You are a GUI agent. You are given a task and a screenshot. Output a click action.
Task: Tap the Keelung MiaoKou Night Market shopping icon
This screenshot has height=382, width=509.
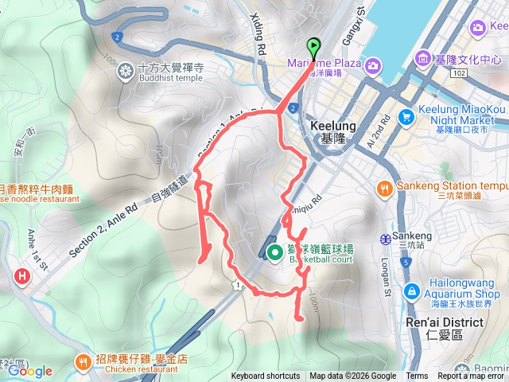[x=406, y=116]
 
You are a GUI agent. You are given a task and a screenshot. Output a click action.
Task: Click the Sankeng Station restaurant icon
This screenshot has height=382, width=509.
[x=384, y=188]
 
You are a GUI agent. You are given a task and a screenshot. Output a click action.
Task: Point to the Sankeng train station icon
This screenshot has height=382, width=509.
[x=385, y=237]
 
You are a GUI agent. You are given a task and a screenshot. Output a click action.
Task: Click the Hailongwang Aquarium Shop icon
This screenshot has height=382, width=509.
[x=411, y=291]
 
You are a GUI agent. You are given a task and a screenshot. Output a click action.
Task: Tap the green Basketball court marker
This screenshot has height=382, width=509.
[x=274, y=252]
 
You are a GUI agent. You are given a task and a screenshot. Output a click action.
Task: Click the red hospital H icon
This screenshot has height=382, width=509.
[x=21, y=276]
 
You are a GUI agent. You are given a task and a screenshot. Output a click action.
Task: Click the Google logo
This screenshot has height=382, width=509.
[x=29, y=371]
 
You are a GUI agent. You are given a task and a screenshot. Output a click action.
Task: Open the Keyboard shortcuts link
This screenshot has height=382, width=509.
[x=266, y=376]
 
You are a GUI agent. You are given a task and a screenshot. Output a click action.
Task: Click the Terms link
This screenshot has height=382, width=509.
[x=417, y=376]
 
